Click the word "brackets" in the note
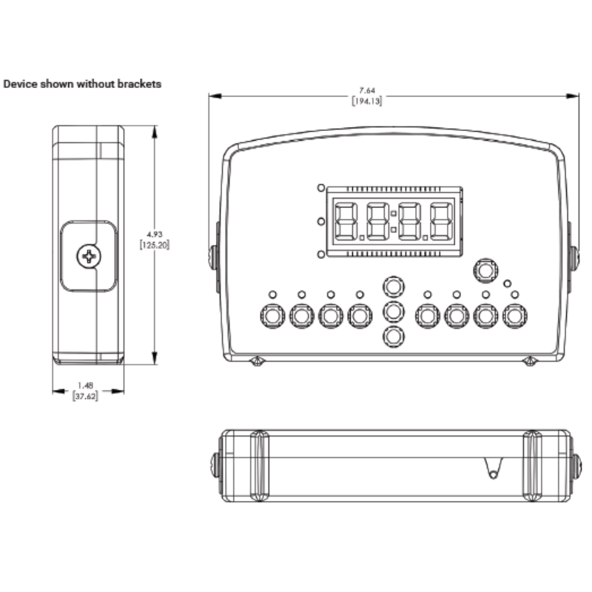pyautogui.click(x=137, y=84)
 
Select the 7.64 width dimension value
pyautogui.click(x=366, y=91)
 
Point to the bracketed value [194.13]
pyautogui.click(x=366, y=101)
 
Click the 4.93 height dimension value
pyautogui.click(x=154, y=234)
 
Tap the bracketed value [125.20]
pyautogui.click(x=154, y=244)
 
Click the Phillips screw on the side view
pyautogui.click(x=88, y=257)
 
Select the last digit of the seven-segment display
pyautogui.click(x=442, y=221)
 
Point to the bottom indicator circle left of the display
pyautogui.click(x=320, y=255)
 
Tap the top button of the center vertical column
pyautogui.click(x=393, y=286)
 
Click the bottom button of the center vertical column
pyautogui.click(x=393, y=337)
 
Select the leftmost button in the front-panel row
pyautogui.click(x=272, y=316)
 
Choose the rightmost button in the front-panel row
pyautogui.click(x=514, y=316)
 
